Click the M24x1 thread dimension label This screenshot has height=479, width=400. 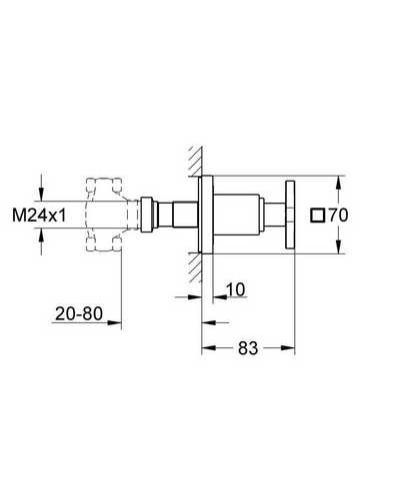click(39, 216)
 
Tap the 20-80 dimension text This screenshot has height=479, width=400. click(79, 313)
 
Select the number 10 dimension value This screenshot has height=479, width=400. click(236, 289)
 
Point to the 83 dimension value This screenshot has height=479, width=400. click(248, 348)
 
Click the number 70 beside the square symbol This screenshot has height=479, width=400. click(338, 216)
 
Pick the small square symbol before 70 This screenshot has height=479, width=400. click(318, 216)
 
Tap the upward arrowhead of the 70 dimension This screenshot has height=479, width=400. click(338, 183)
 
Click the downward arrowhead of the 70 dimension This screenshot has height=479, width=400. click(338, 246)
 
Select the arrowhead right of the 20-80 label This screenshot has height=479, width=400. click(114, 322)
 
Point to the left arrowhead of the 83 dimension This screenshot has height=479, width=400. click(209, 348)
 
